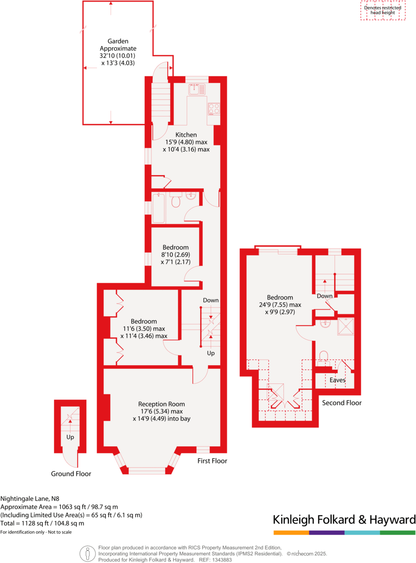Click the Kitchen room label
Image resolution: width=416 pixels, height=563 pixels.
[x=186, y=135]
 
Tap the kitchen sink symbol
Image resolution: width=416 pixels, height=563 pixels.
[x=197, y=89]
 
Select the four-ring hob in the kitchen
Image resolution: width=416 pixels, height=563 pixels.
[x=213, y=108]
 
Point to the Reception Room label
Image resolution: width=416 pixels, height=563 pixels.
[x=161, y=404]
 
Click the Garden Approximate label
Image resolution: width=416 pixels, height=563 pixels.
[x=118, y=45]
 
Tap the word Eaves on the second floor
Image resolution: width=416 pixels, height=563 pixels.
[x=337, y=380]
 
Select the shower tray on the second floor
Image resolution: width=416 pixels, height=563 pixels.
[x=346, y=326]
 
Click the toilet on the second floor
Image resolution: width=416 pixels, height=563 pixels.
[x=323, y=356]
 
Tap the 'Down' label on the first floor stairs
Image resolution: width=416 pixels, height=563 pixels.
[x=210, y=300]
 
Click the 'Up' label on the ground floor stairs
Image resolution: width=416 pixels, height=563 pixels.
[x=70, y=437]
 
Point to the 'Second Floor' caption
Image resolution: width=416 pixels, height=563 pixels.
[x=342, y=403]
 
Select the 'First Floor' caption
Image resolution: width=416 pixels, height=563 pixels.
[x=212, y=461]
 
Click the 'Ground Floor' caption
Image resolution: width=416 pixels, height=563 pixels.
[x=71, y=474]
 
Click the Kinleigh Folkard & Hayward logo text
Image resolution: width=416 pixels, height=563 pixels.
[x=344, y=520]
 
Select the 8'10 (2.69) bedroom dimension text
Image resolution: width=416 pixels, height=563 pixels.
[x=175, y=254]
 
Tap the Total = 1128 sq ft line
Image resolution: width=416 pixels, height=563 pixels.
[x=42, y=523]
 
